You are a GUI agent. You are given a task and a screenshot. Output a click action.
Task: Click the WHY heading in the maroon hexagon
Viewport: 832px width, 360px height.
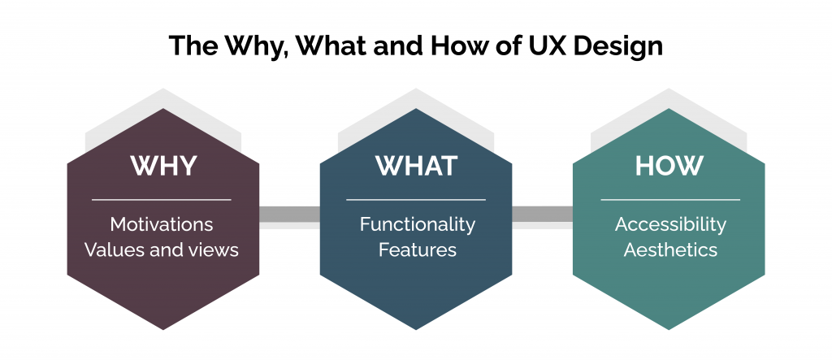click(x=162, y=165)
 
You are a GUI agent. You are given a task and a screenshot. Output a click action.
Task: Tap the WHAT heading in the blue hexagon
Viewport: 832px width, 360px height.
click(x=415, y=165)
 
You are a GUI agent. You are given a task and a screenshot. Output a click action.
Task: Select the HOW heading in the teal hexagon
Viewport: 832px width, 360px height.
click(x=669, y=165)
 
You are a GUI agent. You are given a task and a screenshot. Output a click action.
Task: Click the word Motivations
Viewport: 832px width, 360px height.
click(x=162, y=223)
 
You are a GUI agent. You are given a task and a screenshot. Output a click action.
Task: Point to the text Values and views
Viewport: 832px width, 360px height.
click(x=162, y=249)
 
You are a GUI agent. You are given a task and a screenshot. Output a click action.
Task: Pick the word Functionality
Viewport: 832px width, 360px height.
click(x=417, y=223)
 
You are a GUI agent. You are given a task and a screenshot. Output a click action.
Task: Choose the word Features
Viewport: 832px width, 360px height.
click(x=417, y=249)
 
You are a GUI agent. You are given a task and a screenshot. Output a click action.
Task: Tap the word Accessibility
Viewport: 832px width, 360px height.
click(x=670, y=223)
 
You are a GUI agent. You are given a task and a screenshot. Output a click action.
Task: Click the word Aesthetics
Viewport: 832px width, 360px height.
click(x=670, y=249)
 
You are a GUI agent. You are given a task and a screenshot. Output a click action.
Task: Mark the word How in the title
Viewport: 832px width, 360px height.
click(x=483, y=45)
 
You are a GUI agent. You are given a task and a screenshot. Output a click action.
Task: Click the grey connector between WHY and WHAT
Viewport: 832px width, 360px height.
click(x=289, y=215)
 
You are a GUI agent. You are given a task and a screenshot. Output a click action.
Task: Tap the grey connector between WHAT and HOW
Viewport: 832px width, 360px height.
click(x=542, y=215)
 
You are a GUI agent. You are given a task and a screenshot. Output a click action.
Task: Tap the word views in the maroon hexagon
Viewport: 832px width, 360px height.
click(x=214, y=249)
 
